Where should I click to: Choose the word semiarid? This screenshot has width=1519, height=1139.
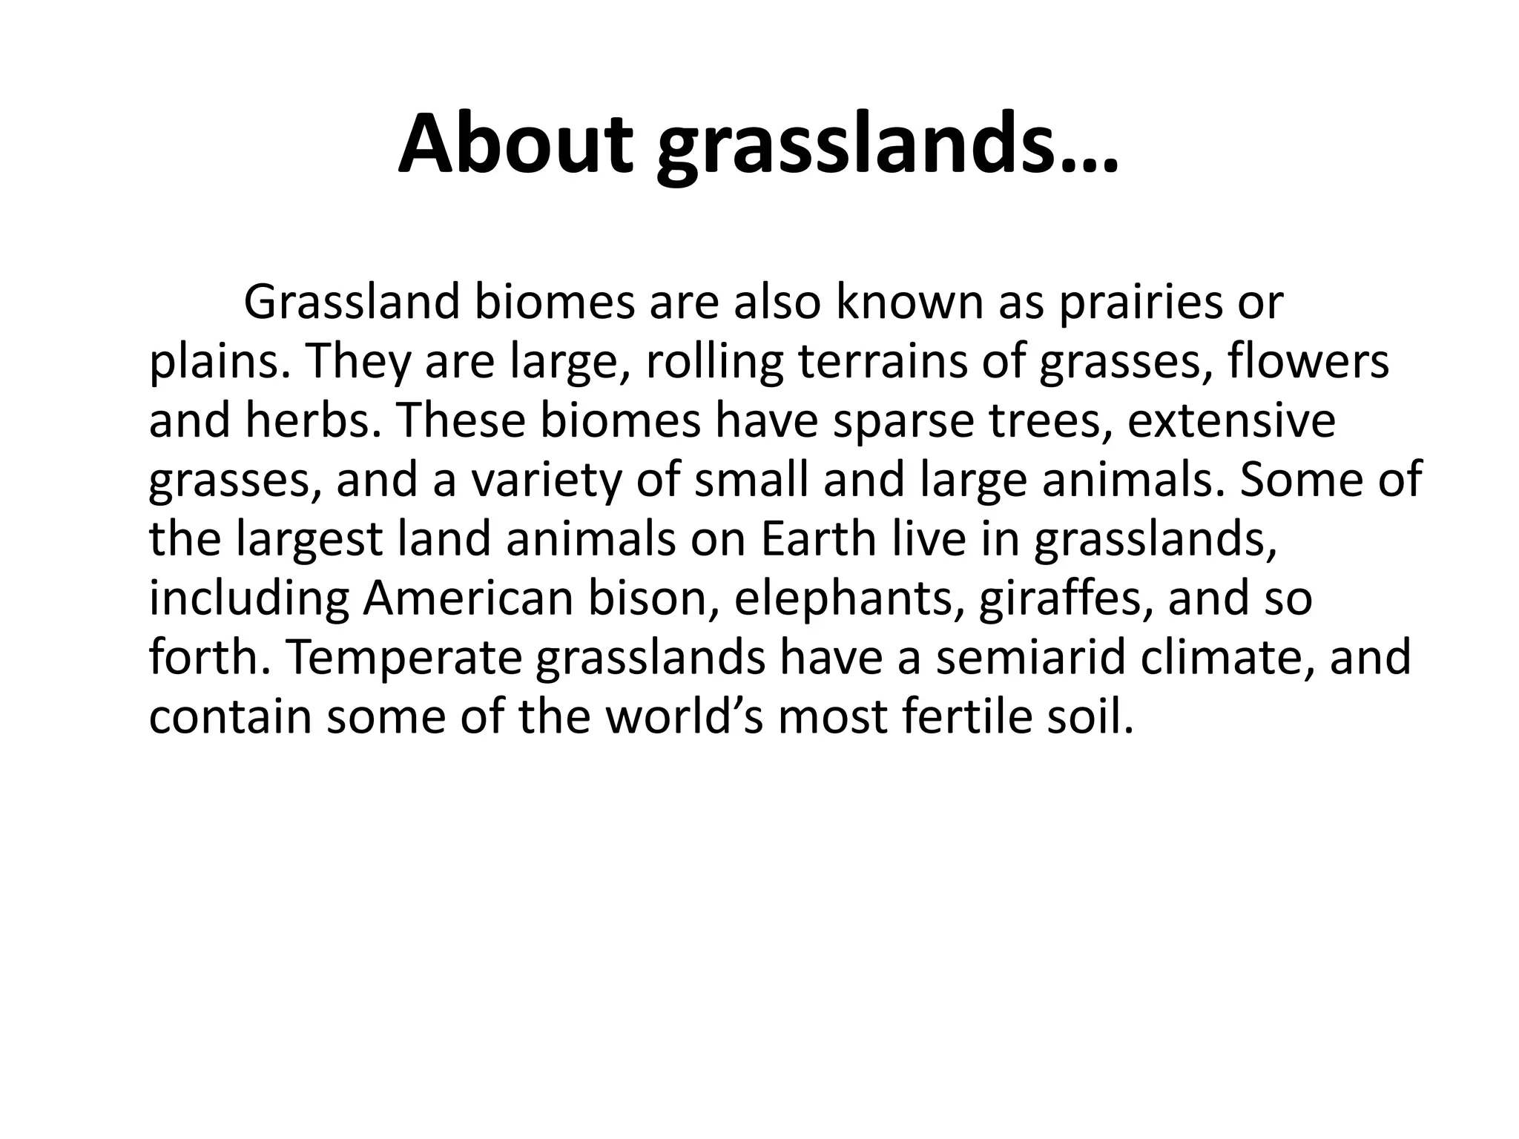[1032, 658]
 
